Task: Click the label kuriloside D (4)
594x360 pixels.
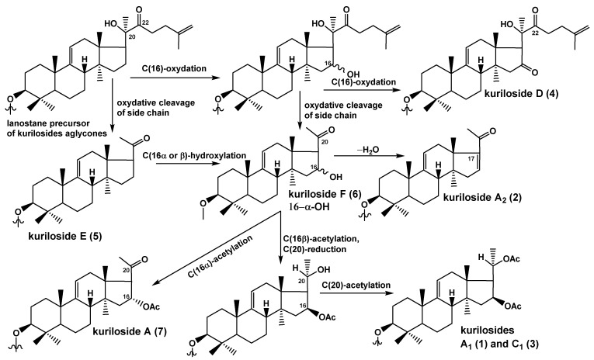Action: tap(521, 94)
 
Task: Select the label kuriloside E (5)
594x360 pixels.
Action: tap(64, 237)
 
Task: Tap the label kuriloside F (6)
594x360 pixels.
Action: tap(325, 195)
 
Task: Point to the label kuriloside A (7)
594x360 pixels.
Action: tap(129, 331)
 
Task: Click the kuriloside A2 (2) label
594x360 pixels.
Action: tap(482, 197)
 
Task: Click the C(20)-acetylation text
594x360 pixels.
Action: tap(356, 285)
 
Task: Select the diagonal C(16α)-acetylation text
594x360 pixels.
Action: tap(220, 257)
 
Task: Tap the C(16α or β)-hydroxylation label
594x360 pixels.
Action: tap(194, 155)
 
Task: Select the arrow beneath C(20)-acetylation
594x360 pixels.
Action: tap(356, 292)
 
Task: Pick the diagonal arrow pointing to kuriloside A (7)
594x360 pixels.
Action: tap(217, 247)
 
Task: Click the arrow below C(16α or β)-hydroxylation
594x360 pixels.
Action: tap(187, 164)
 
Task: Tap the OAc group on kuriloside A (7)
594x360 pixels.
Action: tap(152, 306)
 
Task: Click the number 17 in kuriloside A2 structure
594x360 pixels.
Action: tap(471, 159)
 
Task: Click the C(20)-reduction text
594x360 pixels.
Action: tap(314, 250)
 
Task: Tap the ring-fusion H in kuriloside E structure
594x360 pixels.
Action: tap(92, 172)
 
